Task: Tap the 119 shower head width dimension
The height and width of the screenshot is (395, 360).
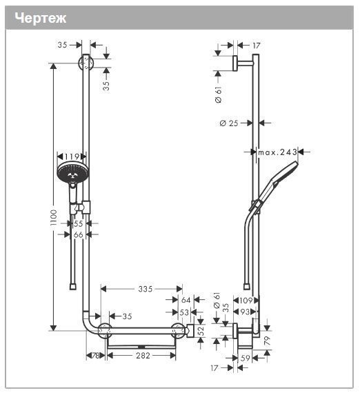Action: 72,156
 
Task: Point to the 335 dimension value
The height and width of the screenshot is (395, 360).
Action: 144,289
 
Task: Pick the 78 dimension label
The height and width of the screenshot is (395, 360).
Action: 96,355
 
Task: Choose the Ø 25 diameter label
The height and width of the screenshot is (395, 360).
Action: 228,123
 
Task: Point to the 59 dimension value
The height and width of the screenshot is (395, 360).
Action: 245,358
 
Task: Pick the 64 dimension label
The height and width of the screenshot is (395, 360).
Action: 186,300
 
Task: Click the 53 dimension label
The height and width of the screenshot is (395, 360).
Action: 184,312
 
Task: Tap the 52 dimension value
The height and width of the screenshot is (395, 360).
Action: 201,330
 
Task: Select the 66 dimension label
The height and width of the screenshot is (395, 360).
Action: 78,235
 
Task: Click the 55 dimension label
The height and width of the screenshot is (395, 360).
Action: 78,224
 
